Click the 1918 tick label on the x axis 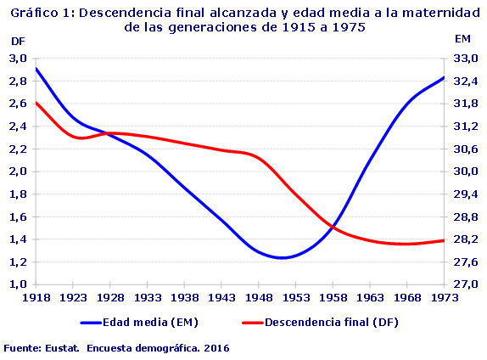coord(35,298)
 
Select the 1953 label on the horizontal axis coord(297,298)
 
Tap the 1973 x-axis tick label coord(446,298)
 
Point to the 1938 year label coord(184,298)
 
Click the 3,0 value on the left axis coord(18,59)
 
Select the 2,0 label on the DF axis coord(18,172)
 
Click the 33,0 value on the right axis coord(466,59)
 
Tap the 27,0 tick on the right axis coord(466,284)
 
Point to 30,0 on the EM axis coord(466,172)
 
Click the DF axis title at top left coord(18,41)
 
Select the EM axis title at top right coord(462,40)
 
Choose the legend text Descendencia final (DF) coord(332,323)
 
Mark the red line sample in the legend coord(253,323)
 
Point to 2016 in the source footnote coord(217,348)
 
